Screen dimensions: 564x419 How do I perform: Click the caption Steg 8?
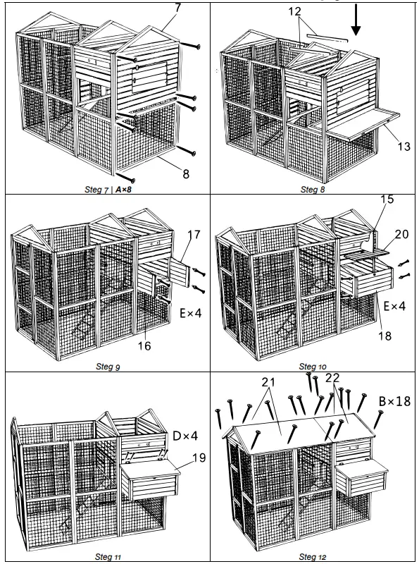(x=313, y=189)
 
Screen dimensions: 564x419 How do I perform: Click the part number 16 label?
(x=144, y=346)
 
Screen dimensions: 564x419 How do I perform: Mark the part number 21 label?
(x=267, y=381)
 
